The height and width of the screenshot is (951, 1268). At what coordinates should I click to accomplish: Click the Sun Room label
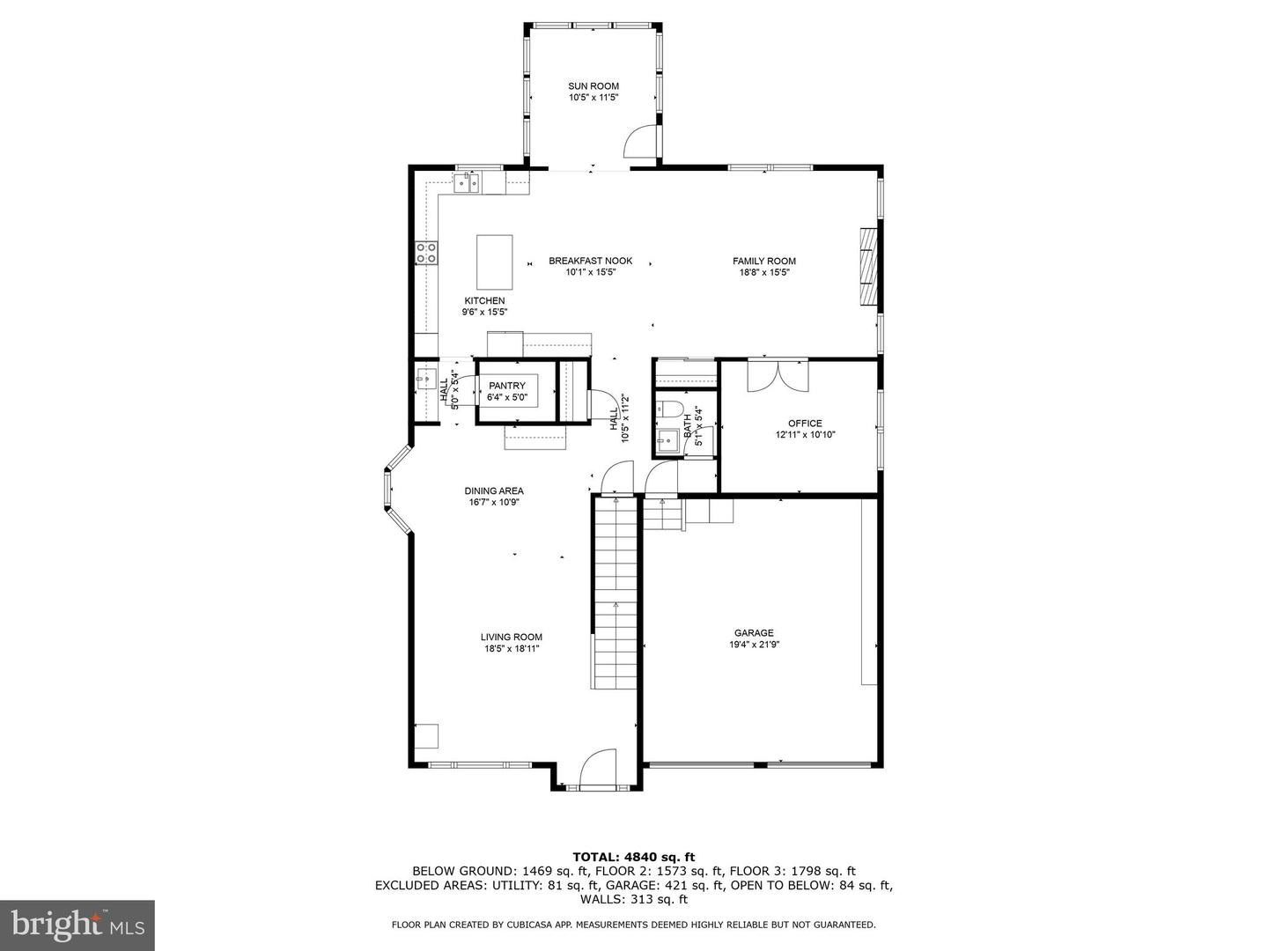coord(593,86)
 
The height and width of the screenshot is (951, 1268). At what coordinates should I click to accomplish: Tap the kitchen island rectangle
coord(494,262)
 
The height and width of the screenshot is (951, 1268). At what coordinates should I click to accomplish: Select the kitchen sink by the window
coord(466,182)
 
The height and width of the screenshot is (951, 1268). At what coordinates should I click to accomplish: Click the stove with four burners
coord(427,254)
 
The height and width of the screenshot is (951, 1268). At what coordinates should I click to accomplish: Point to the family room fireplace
coord(869,267)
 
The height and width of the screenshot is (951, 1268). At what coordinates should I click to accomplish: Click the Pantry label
coord(507,386)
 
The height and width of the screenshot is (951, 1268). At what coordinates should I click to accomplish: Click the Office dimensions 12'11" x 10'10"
coord(805,435)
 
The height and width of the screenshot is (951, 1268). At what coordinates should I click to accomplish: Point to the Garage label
coord(754,632)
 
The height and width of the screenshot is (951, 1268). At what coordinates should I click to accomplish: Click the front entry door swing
coord(598,765)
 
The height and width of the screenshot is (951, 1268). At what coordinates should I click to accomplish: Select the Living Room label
coord(511,637)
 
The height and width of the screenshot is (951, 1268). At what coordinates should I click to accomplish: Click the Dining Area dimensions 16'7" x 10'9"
coord(494,503)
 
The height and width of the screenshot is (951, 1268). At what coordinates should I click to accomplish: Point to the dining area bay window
coord(394,490)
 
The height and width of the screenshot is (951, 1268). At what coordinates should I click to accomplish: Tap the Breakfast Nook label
coord(590,261)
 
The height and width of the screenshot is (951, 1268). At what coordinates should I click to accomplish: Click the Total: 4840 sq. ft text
coord(633,856)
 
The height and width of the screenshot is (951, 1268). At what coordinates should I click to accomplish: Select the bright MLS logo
coord(77,925)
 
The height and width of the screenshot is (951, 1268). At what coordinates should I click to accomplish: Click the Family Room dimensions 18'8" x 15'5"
coord(764,272)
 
